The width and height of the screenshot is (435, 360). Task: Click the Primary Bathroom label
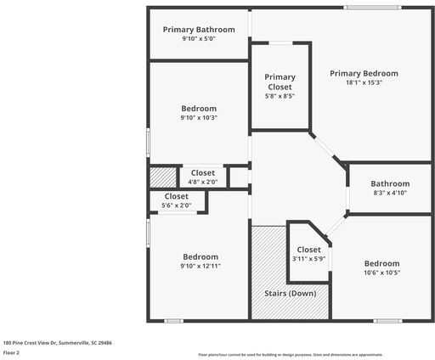pos(199,30)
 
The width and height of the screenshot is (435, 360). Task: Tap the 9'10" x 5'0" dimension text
pos(199,39)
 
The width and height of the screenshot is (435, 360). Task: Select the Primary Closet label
pos(280,82)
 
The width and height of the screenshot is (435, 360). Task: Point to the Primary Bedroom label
pos(364,73)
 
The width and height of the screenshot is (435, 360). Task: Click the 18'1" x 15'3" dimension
pos(364,83)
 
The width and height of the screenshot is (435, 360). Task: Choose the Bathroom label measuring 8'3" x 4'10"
pos(390,183)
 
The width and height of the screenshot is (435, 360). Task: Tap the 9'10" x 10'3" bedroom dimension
pos(199,118)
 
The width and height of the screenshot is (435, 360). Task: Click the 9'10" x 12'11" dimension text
pos(201,267)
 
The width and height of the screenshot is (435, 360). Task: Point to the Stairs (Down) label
pos(291,293)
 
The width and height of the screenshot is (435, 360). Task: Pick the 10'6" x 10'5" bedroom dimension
pos(381,273)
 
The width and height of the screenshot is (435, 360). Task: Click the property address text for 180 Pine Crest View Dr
pos(57,342)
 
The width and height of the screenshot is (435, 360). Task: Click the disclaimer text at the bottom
pos(291,354)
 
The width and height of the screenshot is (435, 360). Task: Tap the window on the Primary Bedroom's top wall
pos(372,8)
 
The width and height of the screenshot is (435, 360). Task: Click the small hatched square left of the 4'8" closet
pos(162,177)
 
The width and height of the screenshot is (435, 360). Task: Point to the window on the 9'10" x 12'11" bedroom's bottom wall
pos(173,320)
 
